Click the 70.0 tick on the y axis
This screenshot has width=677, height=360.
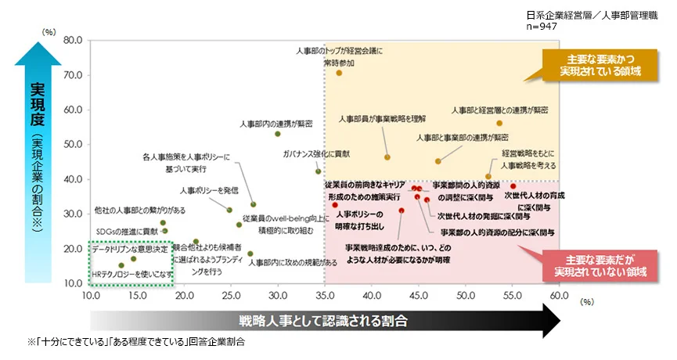pos(72,74)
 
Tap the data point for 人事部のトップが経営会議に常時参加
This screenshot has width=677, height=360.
pos(339,73)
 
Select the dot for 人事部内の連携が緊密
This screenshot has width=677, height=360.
pos(278,134)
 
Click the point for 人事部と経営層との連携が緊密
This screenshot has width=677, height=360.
pos(499,124)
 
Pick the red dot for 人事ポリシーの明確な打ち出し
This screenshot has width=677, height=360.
pos(335,205)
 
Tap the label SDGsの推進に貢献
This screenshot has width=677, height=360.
pos(126,232)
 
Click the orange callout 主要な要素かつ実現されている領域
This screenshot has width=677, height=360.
pos(600,65)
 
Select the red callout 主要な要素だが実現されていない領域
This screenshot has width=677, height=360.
pos(600,265)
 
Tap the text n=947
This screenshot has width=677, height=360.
pos(542,25)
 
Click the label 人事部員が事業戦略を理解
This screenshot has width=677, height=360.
pos(383,119)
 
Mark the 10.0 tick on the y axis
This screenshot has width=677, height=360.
pos(72,283)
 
